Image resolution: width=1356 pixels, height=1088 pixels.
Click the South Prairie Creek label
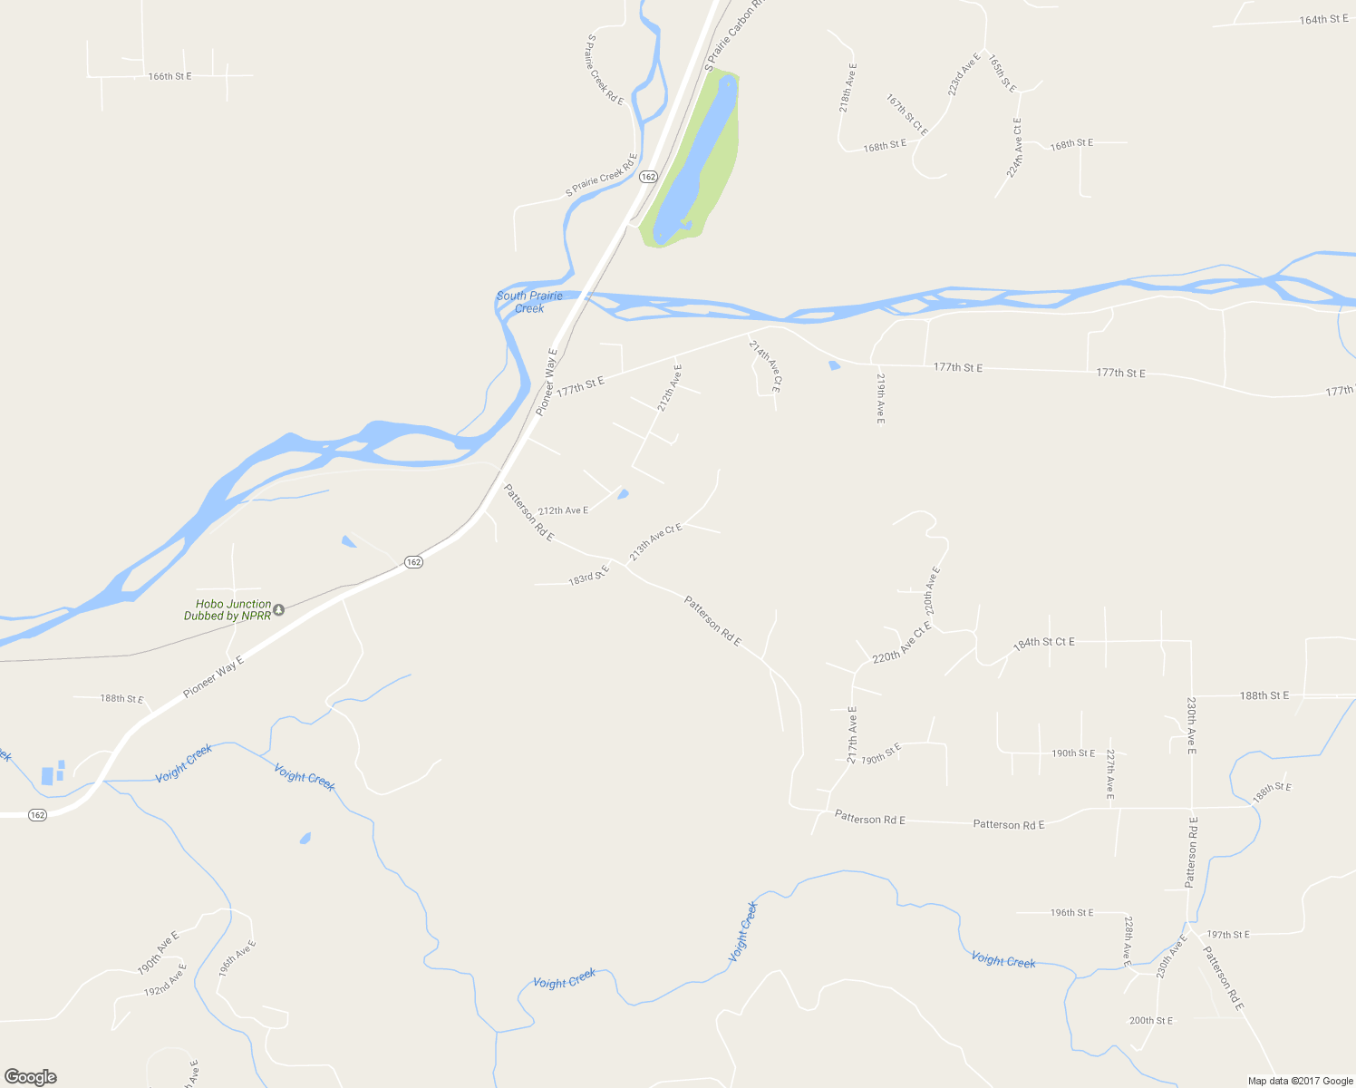coord(529,302)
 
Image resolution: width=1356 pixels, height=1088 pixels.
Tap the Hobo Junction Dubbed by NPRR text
coord(228,610)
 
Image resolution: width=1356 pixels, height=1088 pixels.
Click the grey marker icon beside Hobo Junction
coord(279,609)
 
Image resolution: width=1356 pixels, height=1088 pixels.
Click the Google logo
coord(31,1077)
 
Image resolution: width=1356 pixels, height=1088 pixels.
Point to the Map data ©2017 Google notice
coord(1300,1081)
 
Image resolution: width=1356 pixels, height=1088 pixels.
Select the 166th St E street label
coord(169,76)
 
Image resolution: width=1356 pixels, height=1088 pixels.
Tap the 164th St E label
coord(1323,19)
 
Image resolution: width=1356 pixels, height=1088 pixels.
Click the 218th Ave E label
coord(847,87)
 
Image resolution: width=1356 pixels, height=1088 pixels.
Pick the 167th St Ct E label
coord(907,115)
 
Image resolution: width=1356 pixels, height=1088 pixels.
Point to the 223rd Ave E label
coord(964,75)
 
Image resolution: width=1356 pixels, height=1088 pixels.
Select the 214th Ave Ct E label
coord(764,365)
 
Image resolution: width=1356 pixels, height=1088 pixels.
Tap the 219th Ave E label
coord(879,397)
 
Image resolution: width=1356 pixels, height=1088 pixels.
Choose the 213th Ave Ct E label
coord(655,542)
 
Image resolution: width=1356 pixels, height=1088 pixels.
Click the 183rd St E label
coord(589,575)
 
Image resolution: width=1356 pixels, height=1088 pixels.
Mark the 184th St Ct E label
coord(1044,643)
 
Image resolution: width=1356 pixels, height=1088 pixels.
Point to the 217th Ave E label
coord(852,734)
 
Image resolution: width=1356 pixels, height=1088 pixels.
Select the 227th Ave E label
coord(1109,774)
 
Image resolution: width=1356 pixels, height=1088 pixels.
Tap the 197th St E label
coord(1228,935)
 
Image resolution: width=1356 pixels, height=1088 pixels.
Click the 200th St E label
coord(1150,1021)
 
